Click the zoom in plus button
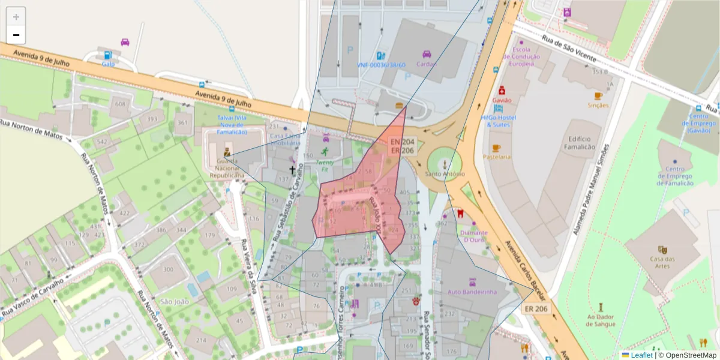click(16, 17)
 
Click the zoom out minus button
click(16, 35)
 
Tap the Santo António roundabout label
click(445, 174)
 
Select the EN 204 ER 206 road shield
click(403, 146)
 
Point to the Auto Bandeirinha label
click(472, 292)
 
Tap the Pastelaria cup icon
click(496, 148)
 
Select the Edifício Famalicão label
click(580, 143)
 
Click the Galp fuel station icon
click(108, 55)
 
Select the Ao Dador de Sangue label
click(601, 320)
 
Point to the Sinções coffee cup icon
click(598, 96)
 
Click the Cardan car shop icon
click(427, 55)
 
